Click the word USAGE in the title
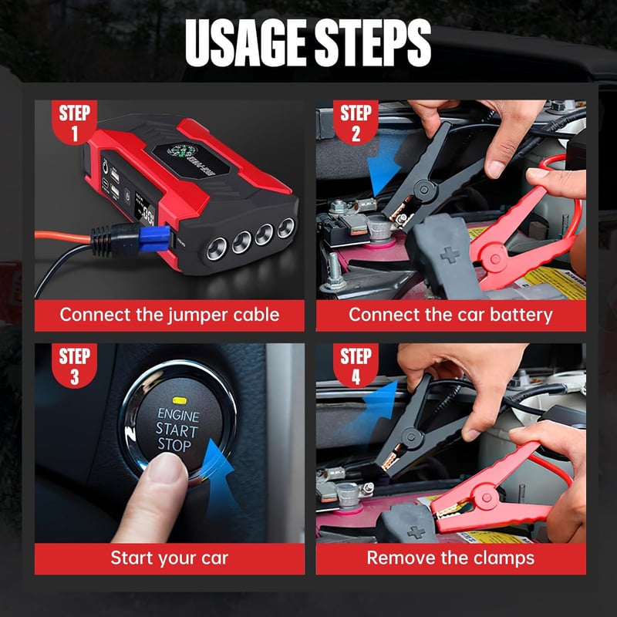click(245, 42)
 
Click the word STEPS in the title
click(373, 42)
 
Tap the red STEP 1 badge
click(74, 122)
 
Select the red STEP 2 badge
click(356, 122)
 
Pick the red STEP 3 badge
click(74, 366)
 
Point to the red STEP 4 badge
click(356, 366)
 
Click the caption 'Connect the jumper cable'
click(170, 315)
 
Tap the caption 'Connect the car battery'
click(450, 315)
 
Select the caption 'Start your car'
click(170, 558)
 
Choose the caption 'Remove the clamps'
click(450, 558)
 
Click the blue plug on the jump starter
click(155, 238)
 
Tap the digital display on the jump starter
click(144, 208)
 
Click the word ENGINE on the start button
click(178, 415)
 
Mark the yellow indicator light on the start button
click(179, 400)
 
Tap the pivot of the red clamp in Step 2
click(495, 259)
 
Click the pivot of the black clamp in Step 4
click(410, 436)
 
